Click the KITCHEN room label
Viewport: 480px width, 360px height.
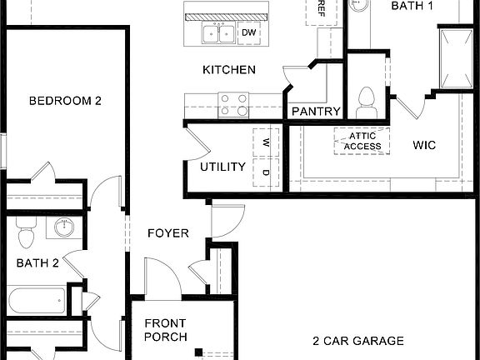[x=229, y=70]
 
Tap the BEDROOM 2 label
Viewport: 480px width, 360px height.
[x=65, y=101]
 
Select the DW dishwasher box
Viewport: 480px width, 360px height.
[x=248, y=33]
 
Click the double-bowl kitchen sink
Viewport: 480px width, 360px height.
[x=219, y=33]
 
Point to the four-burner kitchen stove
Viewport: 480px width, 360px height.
[x=234, y=104]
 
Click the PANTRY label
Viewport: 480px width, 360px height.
[x=316, y=112]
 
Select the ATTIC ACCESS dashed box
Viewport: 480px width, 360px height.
[x=362, y=141]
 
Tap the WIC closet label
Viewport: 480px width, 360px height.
[x=424, y=145]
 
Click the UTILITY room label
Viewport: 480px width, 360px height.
[x=222, y=167]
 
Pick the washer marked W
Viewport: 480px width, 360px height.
[x=266, y=142]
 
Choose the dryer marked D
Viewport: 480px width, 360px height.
[x=266, y=172]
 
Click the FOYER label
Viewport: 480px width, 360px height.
[x=168, y=233]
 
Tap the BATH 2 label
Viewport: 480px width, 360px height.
[x=37, y=264]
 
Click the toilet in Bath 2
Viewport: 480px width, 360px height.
[x=24, y=235]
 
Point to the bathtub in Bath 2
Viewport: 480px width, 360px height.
[x=37, y=299]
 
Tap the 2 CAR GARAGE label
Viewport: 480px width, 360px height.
[x=358, y=341]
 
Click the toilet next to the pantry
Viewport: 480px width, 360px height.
[x=365, y=102]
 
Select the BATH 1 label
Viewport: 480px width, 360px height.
[x=412, y=6]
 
